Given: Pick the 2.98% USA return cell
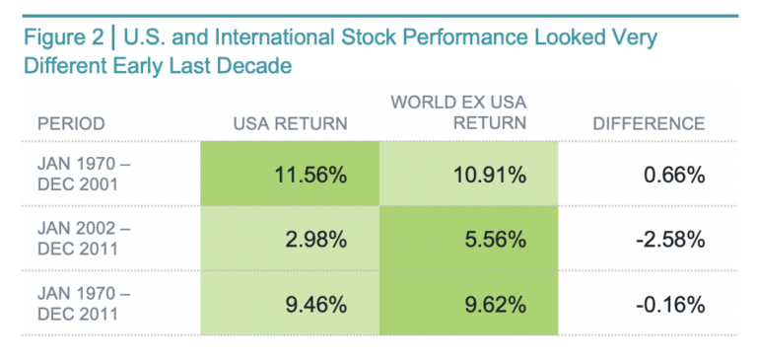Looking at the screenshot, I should (x=289, y=240).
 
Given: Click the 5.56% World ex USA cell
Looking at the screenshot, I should (x=468, y=240).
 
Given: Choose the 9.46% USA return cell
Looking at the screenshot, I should (x=289, y=304).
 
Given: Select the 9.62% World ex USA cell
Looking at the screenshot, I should (x=468, y=304).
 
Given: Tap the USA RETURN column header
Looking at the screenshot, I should (x=290, y=124).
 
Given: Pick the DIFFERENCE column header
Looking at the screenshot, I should (x=649, y=124).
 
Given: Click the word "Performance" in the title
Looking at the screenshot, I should (x=452, y=39).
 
